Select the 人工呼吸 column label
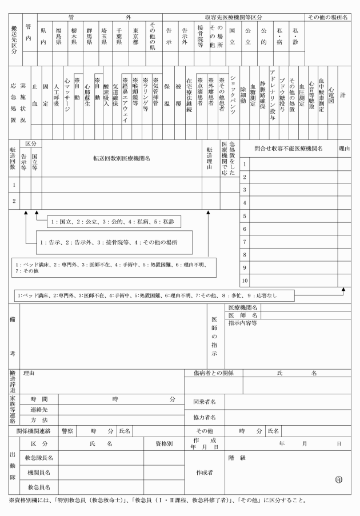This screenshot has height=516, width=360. (x=57, y=93)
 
